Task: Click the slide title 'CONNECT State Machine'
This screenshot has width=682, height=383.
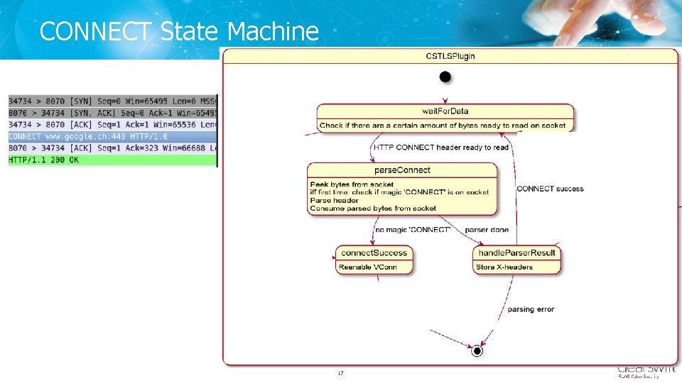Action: [179, 31]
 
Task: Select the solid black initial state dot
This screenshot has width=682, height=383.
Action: [445, 76]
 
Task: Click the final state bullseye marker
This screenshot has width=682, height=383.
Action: [477, 350]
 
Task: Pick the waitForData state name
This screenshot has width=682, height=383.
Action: [445, 111]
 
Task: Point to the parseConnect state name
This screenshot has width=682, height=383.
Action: [402, 170]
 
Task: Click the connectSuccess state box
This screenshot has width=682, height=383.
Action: [374, 260]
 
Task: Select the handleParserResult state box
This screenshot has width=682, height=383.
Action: [517, 260]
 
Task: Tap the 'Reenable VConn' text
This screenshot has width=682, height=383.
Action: [368, 267]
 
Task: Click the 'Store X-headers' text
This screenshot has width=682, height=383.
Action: [504, 267]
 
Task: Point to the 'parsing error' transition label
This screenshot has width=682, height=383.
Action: [531, 309]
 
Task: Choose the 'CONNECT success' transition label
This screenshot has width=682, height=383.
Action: [550, 189]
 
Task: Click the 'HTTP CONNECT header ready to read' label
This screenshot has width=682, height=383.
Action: [441, 148]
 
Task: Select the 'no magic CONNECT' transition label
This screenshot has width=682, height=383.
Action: [413, 230]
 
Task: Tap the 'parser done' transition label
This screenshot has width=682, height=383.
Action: [487, 230]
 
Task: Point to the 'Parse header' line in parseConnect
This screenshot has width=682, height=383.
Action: [335, 200]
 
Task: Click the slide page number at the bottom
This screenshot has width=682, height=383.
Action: [341, 373]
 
